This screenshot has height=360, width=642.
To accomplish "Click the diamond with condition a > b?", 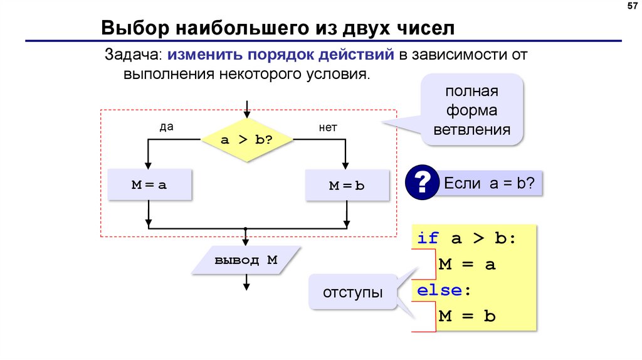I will (x=246, y=139).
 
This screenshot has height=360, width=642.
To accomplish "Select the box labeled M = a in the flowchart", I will (x=149, y=185).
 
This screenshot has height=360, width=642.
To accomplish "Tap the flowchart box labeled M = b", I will (x=347, y=186).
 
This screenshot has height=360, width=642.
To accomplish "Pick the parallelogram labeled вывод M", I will (x=246, y=260).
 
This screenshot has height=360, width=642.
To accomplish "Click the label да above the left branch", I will (x=166, y=127).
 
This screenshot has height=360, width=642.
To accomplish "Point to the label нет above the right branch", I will (x=328, y=127).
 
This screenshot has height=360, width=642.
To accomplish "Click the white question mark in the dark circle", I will (x=422, y=183).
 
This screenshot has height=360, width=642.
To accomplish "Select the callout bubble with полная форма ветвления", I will (x=472, y=110).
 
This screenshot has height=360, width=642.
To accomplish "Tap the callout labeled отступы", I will (x=354, y=293).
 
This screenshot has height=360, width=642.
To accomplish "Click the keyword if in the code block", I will (x=428, y=238).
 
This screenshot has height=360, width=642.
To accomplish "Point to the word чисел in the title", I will (x=424, y=28).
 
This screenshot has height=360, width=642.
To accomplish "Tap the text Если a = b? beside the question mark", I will (x=488, y=183).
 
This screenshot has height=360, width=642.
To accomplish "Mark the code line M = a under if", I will (x=467, y=264).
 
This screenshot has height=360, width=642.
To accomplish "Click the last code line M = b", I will (x=467, y=316).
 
